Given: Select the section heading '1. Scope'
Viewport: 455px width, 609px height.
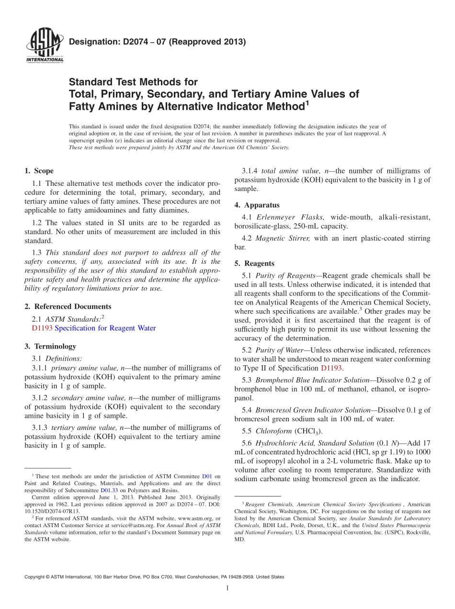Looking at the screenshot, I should click(39, 171).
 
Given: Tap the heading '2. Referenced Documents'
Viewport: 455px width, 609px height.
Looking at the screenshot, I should click(68, 306).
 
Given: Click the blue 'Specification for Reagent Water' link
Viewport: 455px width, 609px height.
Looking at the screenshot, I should click(105, 328).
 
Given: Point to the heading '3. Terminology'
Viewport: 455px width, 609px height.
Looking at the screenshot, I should click(50, 346).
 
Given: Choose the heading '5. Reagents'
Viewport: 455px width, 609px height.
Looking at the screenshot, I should click(254, 263).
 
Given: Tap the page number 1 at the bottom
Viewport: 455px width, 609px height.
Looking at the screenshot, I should click(227, 588).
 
